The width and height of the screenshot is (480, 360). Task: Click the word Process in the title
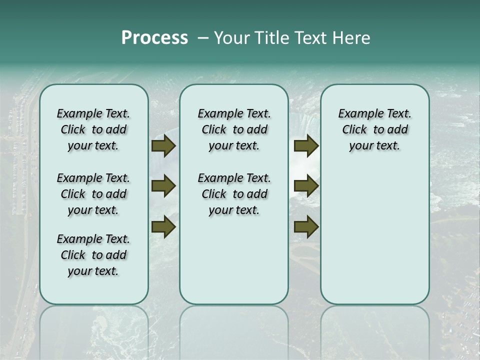[154, 38]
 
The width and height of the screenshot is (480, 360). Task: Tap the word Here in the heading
[352, 38]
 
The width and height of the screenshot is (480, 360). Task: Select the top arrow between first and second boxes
[163, 146]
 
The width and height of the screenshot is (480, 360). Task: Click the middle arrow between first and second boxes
[163, 186]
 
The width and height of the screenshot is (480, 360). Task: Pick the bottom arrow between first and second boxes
[163, 226]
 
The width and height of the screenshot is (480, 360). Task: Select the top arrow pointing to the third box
[306, 146]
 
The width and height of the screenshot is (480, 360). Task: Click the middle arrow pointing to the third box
[306, 186]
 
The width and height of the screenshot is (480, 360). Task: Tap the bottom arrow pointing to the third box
[306, 226]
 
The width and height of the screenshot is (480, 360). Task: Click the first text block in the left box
[93, 129]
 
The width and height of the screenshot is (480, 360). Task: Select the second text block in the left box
[93, 194]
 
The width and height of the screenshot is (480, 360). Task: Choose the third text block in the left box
[93, 255]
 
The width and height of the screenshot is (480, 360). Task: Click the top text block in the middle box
[234, 129]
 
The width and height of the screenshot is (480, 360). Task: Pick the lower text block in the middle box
[234, 194]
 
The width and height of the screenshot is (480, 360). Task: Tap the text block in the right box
[374, 129]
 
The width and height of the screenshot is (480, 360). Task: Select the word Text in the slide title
[308, 38]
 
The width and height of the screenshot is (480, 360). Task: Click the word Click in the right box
[354, 130]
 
